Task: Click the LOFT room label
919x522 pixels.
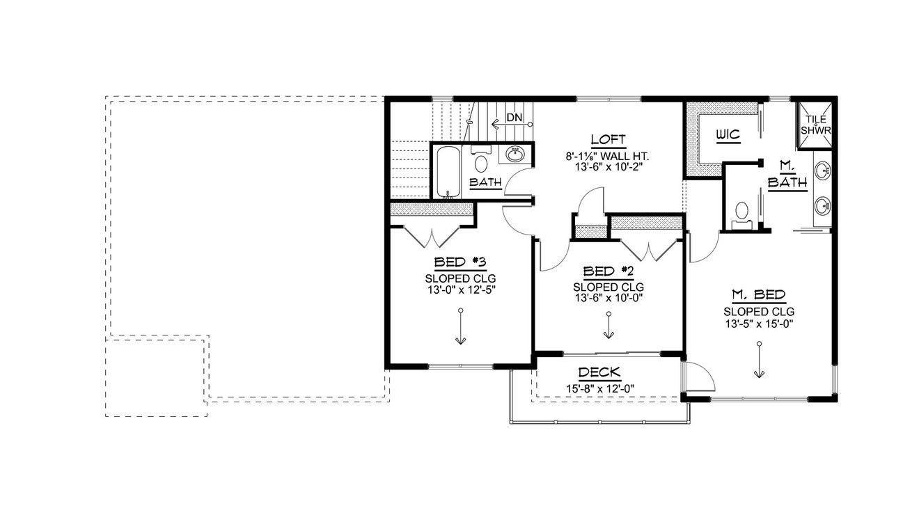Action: pyautogui.click(x=608, y=139)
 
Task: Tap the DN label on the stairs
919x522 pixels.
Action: pyautogui.click(x=514, y=117)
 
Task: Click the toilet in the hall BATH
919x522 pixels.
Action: pyautogui.click(x=480, y=163)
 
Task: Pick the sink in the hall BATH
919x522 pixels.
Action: pyautogui.click(x=515, y=155)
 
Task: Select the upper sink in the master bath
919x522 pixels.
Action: pyautogui.click(x=823, y=171)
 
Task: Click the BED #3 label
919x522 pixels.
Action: pyautogui.click(x=459, y=262)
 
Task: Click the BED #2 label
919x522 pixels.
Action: pyautogui.click(x=608, y=271)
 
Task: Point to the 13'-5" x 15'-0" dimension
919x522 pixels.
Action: pyautogui.click(x=759, y=323)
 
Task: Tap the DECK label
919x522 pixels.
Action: pyautogui.click(x=599, y=373)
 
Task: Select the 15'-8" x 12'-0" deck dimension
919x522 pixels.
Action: pyautogui.click(x=599, y=388)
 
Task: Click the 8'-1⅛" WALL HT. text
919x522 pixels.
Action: pyautogui.click(x=608, y=157)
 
